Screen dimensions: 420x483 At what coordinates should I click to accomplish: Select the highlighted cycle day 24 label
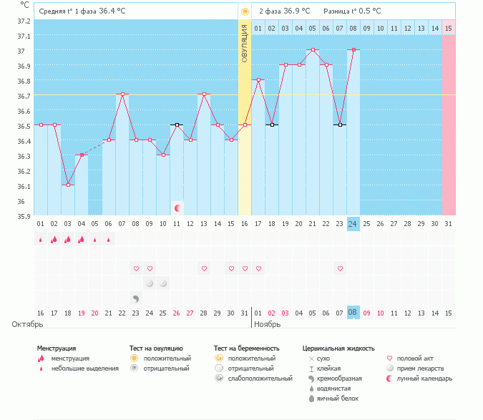353,223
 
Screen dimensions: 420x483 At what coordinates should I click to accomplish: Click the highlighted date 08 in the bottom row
353,313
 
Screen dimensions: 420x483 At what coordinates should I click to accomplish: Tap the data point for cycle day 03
68,185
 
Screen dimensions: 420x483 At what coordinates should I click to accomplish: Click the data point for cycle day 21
313,50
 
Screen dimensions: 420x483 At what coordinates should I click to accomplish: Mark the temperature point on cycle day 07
122,94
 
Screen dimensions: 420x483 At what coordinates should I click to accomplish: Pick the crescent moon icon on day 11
177,208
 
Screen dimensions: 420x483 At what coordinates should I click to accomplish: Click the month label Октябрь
22,324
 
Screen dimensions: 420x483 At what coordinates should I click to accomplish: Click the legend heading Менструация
57,348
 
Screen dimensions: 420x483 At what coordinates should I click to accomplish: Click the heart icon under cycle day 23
340,268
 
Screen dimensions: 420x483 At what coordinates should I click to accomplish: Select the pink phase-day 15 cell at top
448,28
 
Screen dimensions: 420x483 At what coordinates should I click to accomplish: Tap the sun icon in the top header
245,11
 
